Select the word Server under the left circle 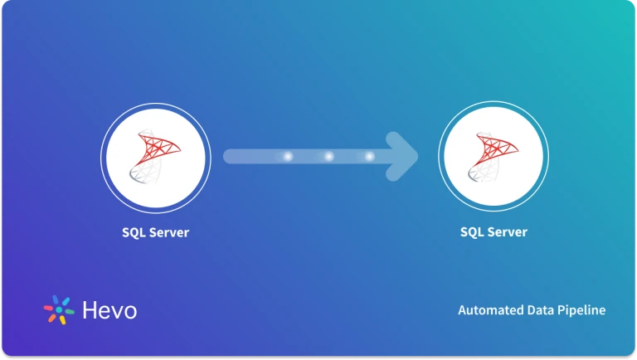pyautogui.click(x=169, y=232)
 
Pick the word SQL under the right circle pyautogui.click(x=473, y=232)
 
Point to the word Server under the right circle pyautogui.click(x=508, y=232)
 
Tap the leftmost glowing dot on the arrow pyautogui.click(x=288, y=156)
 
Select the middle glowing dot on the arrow pyautogui.click(x=328, y=156)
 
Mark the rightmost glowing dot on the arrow pyautogui.click(x=369, y=156)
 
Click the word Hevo pyautogui.click(x=109, y=311)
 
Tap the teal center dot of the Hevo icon pyautogui.click(x=59, y=309)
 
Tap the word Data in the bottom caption pyautogui.click(x=542, y=310)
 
